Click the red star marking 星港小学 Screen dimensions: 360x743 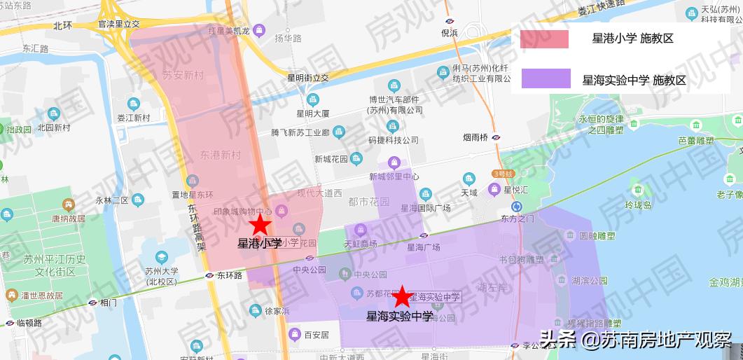click(x=261, y=225)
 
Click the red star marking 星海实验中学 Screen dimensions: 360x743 click(x=402, y=297)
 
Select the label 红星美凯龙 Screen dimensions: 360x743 click(x=227, y=30)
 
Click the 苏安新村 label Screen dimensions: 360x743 click(x=182, y=75)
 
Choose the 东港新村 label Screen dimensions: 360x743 click(x=220, y=154)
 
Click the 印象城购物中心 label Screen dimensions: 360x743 click(x=242, y=211)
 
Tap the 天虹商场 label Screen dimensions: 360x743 click(x=361, y=243)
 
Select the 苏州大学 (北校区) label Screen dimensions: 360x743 click(x=162, y=276)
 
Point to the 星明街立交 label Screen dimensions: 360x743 click(x=308, y=77)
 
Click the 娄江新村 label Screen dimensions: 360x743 click(x=133, y=118)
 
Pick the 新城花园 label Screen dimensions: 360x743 click(x=331, y=159)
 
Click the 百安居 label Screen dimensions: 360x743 click(x=317, y=335)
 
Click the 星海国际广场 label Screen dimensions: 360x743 click(x=425, y=208)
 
